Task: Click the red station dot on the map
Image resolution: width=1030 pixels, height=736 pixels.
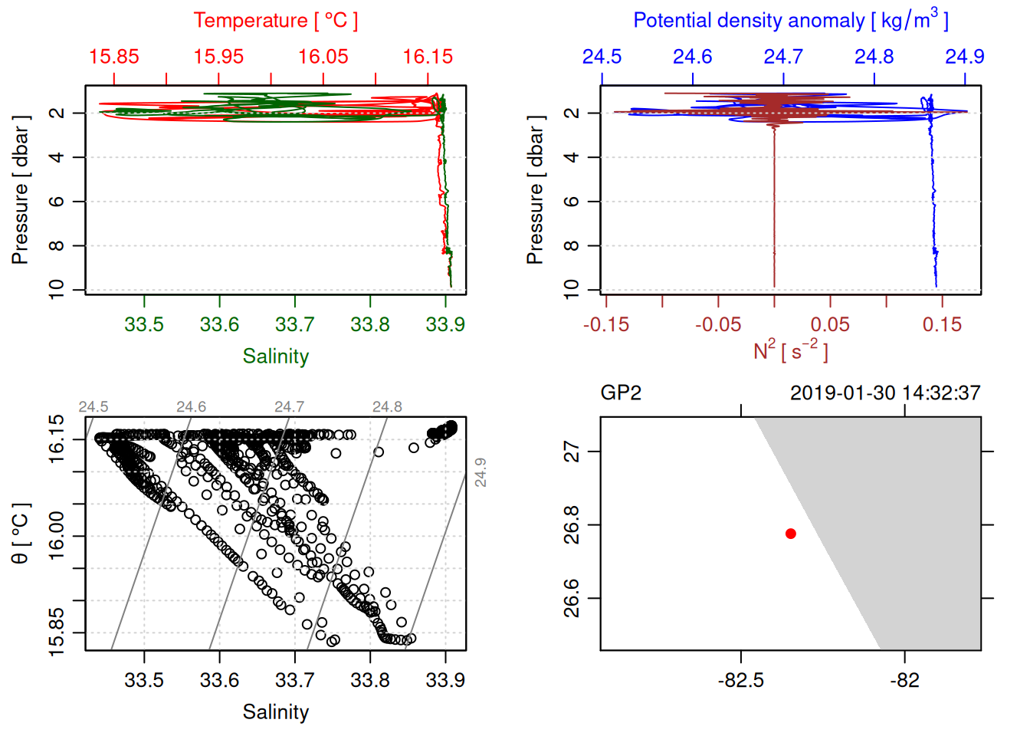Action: pos(791,534)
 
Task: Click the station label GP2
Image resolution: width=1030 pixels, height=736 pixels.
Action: pos(621,393)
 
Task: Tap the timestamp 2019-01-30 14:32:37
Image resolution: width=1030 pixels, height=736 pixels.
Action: pos(885,393)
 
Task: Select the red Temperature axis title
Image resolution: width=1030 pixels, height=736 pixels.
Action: pos(275,21)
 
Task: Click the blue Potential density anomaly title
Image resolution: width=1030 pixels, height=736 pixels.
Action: pos(790,21)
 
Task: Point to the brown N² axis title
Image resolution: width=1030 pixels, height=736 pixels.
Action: pos(790,350)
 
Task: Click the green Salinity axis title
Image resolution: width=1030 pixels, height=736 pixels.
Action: pos(275,356)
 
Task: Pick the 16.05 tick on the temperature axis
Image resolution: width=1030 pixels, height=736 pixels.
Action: pos(323,57)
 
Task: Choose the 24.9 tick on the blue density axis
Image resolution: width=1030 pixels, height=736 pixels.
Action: pos(964,57)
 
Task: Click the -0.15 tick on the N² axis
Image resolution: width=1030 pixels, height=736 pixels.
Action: pos(606,324)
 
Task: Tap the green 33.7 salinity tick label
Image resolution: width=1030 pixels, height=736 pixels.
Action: pos(295,324)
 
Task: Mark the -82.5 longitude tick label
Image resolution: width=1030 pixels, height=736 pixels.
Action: pos(741,680)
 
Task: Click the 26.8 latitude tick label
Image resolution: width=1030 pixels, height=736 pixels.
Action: pos(572,525)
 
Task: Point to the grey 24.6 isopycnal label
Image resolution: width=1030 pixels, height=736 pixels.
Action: pos(191,407)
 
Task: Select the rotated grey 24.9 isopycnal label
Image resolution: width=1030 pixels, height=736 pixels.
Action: pos(481,472)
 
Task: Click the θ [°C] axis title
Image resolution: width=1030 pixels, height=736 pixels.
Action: pos(21,534)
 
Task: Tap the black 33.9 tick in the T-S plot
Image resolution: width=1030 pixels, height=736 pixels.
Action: pos(445,680)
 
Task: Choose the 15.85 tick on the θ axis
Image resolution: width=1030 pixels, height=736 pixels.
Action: pos(57,632)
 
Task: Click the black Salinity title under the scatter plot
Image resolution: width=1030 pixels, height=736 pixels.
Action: pos(275,712)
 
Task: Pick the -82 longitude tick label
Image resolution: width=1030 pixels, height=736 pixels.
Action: pos(905,680)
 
